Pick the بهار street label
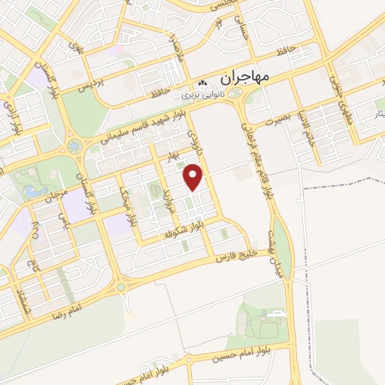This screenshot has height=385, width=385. click(x=174, y=155)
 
